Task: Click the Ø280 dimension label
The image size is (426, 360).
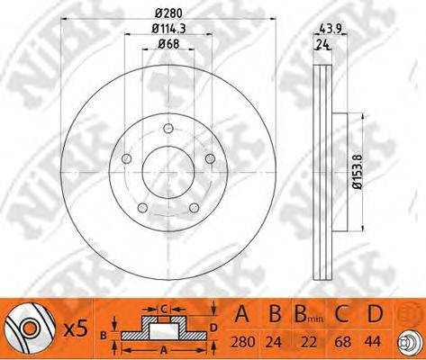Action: (168, 13)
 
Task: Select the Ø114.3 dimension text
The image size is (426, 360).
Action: (168, 29)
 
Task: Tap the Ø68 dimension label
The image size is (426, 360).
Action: (168, 44)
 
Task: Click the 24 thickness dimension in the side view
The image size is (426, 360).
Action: (322, 45)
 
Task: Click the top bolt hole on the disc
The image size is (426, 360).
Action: (168, 129)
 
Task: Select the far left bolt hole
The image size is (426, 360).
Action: (126, 158)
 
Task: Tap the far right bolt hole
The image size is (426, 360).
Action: (210, 158)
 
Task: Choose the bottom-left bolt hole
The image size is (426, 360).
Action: (142, 208)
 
